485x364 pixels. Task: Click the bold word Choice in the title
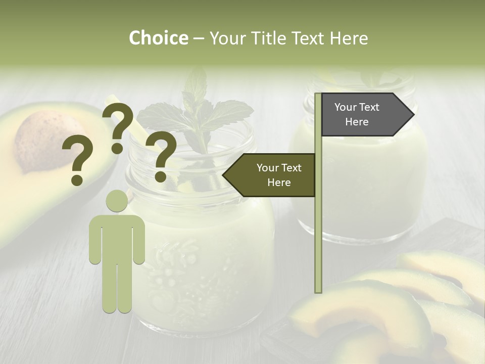coord(158,38)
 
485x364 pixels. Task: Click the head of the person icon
coord(117,201)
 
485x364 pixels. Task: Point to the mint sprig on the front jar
coord(202,116)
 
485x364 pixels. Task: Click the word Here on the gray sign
coord(357,122)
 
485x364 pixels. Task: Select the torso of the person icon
coord(117,238)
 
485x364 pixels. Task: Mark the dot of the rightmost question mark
coord(161,177)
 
